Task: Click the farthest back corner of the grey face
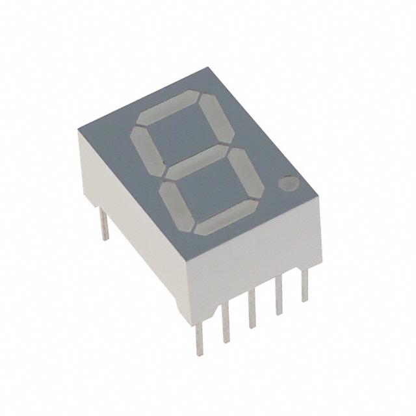click(x=210, y=67)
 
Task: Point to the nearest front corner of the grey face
click(x=186, y=256)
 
